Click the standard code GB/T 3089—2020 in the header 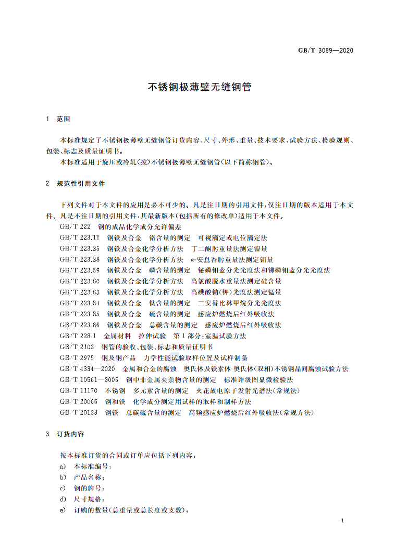pos(325,51)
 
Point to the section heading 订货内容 pos(70,434)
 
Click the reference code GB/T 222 pos(76,227)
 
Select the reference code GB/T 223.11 pos(80,237)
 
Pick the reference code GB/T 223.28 pos(80,259)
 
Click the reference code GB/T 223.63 pos(80,292)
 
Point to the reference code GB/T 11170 pos(79,390)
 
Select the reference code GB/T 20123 pos(79,412)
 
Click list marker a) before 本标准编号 pos(63,467)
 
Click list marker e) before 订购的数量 pos(63,510)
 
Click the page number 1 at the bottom pos(342,521)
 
